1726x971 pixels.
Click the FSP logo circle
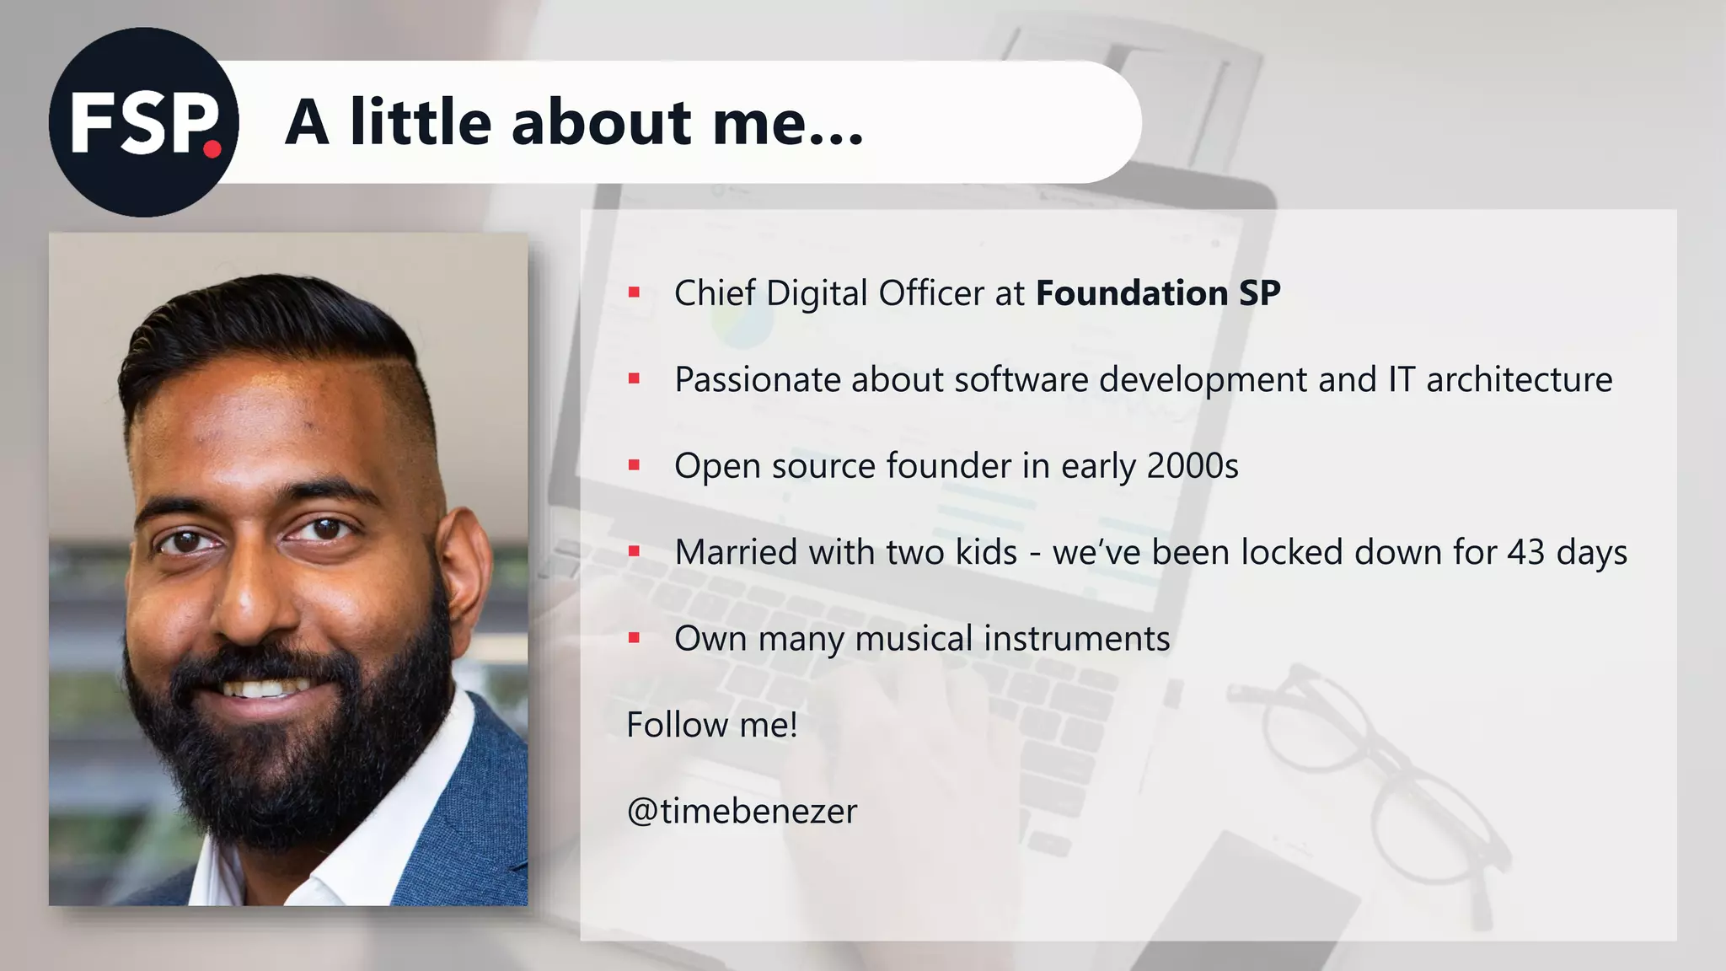tap(143, 122)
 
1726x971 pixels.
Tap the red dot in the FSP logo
tap(212, 149)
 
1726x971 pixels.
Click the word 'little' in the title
tap(420, 122)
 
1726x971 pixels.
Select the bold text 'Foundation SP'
tap(1157, 293)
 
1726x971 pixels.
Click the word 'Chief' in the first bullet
tap(714, 293)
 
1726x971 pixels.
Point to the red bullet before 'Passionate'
tap(634, 380)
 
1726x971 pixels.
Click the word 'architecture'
tap(1519, 380)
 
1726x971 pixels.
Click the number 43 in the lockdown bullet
tap(1525, 553)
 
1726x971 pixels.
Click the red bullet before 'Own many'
tap(634, 639)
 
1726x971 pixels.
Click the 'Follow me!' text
tap(711, 725)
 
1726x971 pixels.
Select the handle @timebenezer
tap(742, 812)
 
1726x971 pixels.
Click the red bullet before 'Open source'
tap(634, 466)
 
